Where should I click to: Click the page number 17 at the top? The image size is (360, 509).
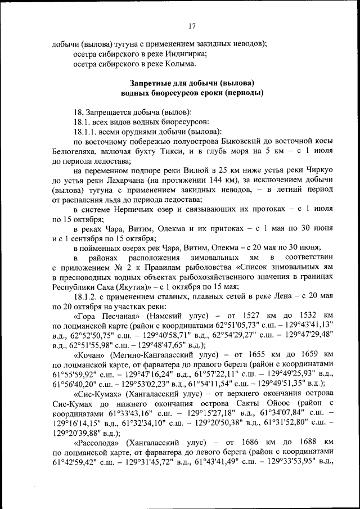(191, 26)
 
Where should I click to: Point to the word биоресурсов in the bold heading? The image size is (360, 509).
(173, 92)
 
